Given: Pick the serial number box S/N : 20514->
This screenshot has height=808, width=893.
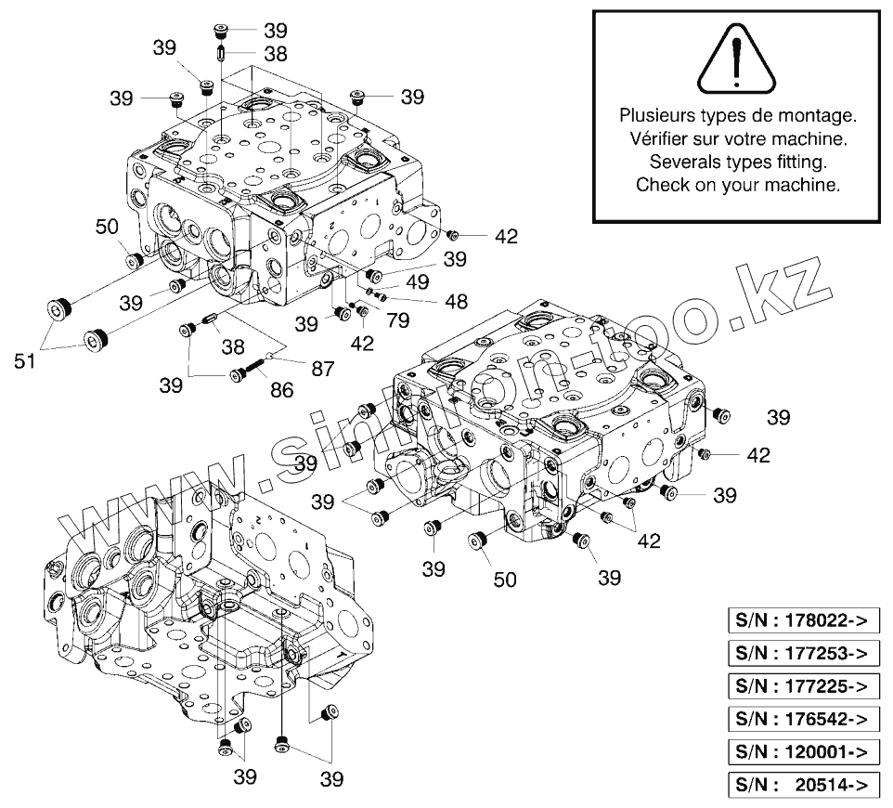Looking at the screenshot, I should coord(801,785).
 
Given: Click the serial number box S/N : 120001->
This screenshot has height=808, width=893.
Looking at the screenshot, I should coord(801,752).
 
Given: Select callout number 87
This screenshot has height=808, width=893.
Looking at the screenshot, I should coord(322,368).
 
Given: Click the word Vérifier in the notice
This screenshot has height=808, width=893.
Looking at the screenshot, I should coord(650,139).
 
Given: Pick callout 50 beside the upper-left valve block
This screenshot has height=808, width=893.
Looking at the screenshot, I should coord(107,227).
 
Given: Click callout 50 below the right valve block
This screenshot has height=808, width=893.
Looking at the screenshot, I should coord(505,580).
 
